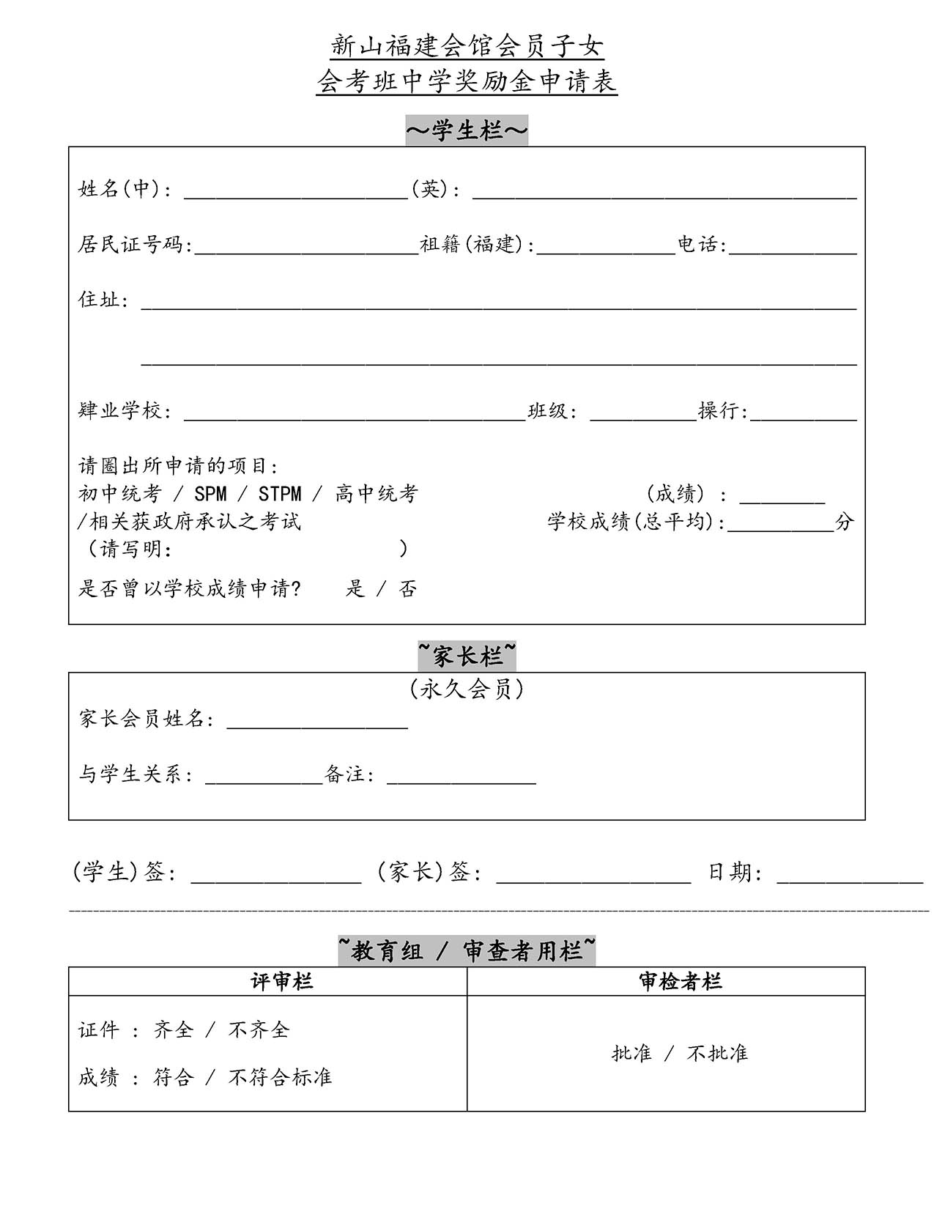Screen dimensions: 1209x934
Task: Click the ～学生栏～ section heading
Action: tap(467, 131)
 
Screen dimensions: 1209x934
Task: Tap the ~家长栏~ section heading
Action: tap(467, 657)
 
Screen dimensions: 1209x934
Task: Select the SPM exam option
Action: tap(210, 494)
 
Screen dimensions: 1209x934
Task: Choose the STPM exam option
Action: tap(279, 494)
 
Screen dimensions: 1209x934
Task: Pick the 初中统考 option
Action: tap(119, 494)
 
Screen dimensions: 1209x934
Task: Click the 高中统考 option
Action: tap(376, 494)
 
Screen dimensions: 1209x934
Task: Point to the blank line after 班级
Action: tap(642, 414)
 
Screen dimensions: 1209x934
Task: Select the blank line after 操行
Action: tap(803, 414)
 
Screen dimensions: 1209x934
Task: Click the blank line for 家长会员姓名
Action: tap(317, 722)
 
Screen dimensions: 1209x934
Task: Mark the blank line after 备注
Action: tap(461, 778)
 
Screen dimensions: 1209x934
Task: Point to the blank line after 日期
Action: tap(849, 877)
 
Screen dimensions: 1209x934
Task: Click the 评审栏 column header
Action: tap(282, 981)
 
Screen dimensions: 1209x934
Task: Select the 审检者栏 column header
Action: tap(680, 981)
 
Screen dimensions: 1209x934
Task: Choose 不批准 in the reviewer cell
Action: tap(717, 1054)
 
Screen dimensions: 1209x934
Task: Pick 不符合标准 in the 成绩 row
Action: tap(280, 1077)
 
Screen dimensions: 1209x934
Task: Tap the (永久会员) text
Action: tap(467, 689)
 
